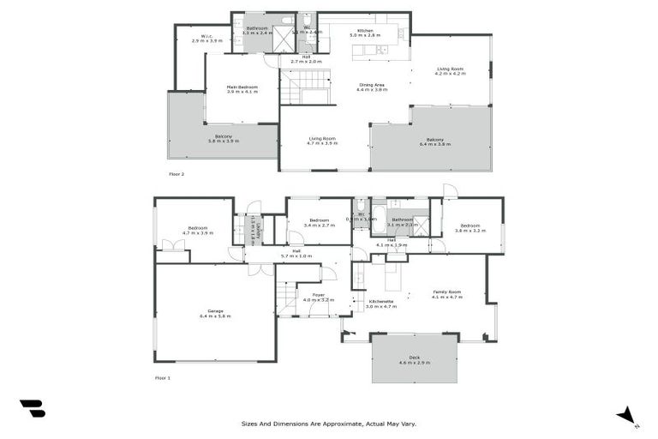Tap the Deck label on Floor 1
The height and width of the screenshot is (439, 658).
[414, 358]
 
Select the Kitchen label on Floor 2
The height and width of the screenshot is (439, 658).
[365, 31]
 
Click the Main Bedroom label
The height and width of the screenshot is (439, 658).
[242, 87]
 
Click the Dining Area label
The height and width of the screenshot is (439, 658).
[371, 84]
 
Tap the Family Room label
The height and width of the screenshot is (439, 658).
[447, 292]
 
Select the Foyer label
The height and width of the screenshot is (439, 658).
[318, 296]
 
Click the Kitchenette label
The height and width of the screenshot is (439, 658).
[381, 302]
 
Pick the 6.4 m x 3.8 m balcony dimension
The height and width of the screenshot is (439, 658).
[435, 144]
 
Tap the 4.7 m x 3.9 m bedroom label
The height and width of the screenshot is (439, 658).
[197, 232]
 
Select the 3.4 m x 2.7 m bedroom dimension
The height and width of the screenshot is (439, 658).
[320, 225]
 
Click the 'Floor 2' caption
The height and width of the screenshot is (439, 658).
[176, 174]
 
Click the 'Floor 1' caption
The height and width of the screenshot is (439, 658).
[163, 377]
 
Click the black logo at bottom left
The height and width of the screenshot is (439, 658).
[32, 409]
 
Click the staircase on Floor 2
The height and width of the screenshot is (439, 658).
[307, 87]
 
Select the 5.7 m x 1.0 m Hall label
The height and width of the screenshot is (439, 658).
[296, 254]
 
